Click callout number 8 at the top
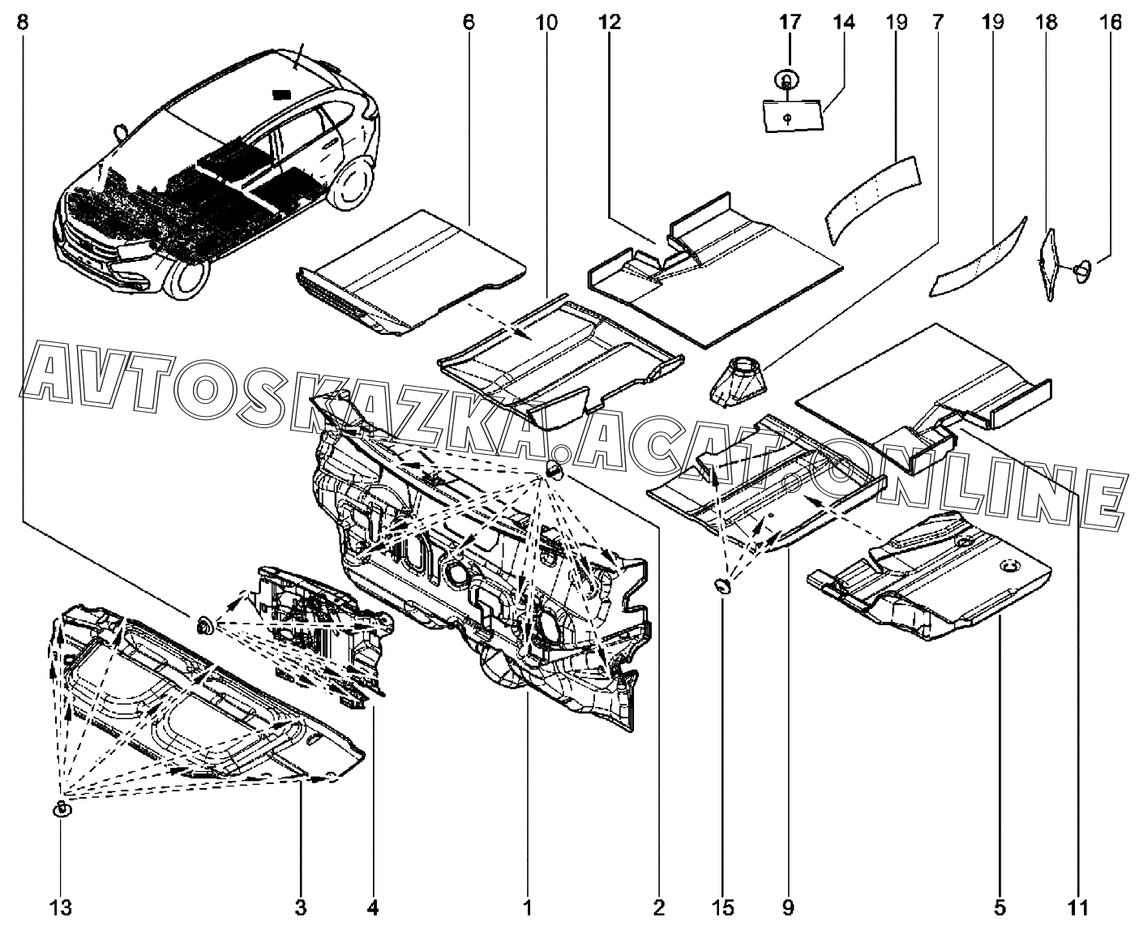tap(22, 23)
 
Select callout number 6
tap(469, 23)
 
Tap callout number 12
tap(610, 23)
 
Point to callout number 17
tap(790, 23)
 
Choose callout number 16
tap(1111, 23)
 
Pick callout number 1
tap(527, 907)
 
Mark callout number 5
tap(999, 907)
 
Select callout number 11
tap(1078, 907)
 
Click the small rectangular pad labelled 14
tap(793, 114)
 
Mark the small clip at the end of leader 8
tap(205, 624)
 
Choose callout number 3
tap(301, 907)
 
